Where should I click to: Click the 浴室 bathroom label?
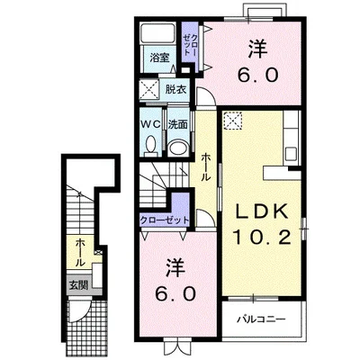coord(159,58)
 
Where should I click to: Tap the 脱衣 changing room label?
coord(175,89)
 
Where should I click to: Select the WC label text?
coord(151,124)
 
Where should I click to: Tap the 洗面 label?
coord(177,124)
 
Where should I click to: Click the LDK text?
coord(261,211)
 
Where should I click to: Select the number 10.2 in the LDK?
coord(262,238)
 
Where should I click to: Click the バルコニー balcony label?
coord(261,319)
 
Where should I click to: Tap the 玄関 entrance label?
coord(78,285)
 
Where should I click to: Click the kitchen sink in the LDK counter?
coord(291,154)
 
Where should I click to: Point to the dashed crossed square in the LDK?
coord(233,120)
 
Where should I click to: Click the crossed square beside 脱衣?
coord(150,89)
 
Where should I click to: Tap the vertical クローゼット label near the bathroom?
coord(191,45)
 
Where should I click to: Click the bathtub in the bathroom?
coord(158,33)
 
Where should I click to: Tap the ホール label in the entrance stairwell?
coord(79,253)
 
